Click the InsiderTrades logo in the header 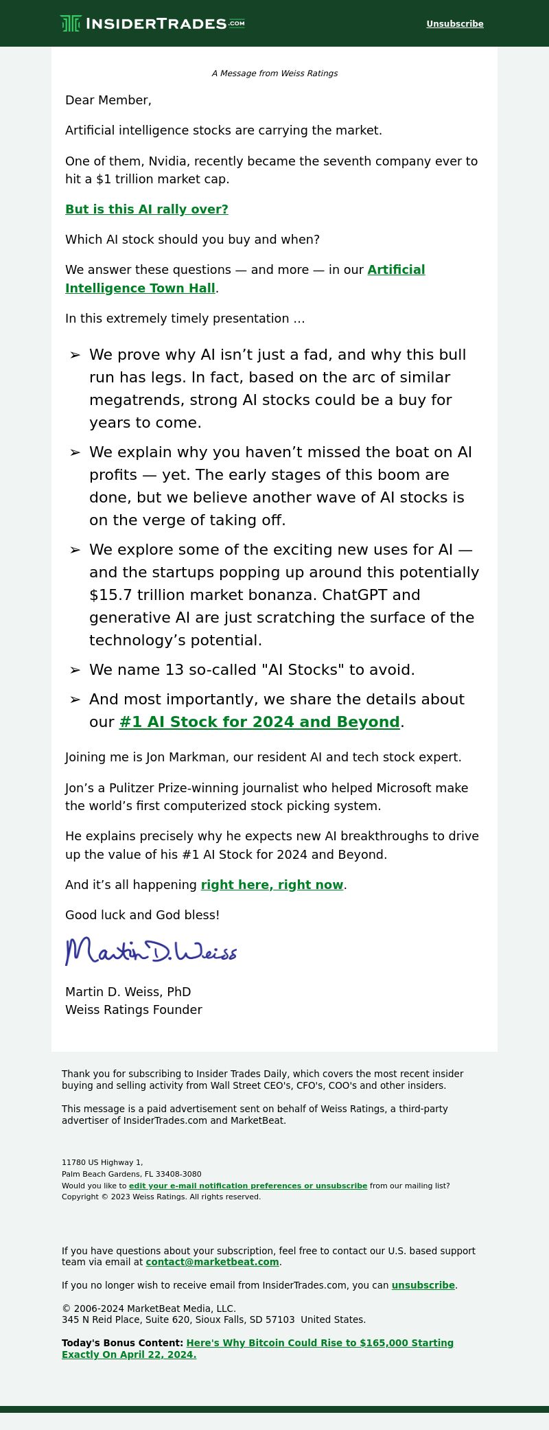click(152, 23)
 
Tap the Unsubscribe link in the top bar click(454, 24)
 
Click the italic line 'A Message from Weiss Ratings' click(274, 73)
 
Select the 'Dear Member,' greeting click(108, 100)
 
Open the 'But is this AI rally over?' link click(147, 209)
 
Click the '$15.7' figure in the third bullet click(110, 595)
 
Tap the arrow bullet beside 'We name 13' click(75, 670)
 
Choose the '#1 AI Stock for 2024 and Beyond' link click(259, 722)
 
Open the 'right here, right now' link click(272, 885)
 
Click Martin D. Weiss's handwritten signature click(151, 951)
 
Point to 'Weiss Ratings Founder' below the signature click(134, 1010)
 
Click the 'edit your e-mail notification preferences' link click(248, 1186)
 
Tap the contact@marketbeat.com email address click(212, 1262)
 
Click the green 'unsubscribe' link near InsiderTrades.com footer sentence click(423, 1285)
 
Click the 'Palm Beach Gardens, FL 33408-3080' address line click(132, 1174)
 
